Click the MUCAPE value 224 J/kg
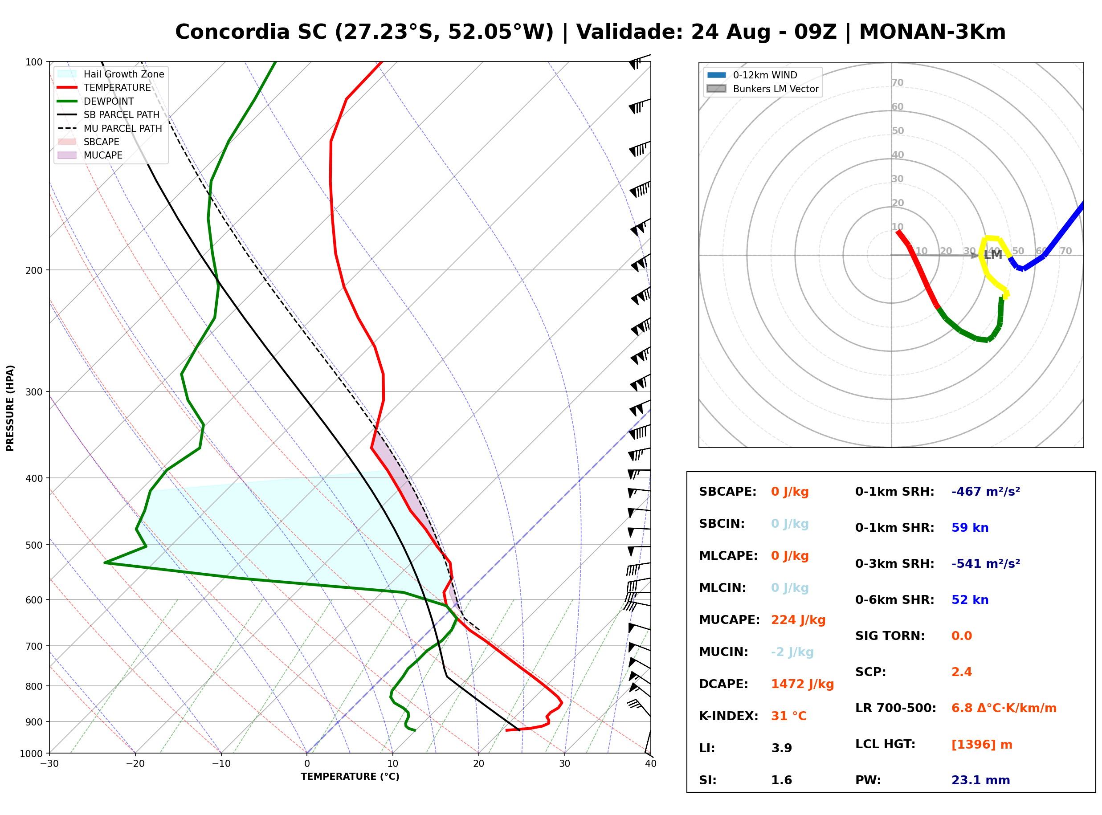click(x=798, y=620)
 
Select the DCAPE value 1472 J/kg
click(x=803, y=684)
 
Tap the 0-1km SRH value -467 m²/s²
click(x=986, y=492)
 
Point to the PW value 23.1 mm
click(x=981, y=780)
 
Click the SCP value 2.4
click(x=961, y=672)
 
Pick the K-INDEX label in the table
click(x=729, y=716)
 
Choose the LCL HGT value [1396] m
click(x=982, y=745)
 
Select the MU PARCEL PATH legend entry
click(x=110, y=128)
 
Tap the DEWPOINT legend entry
click(x=96, y=101)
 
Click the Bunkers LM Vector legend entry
click(x=763, y=89)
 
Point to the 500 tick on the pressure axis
click(x=34, y=545)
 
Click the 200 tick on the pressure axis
click(x=34, y=270)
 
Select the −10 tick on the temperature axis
click(x=220, y=764)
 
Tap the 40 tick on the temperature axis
click(x=651, y=764)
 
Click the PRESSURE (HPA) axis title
click(x=10, y=408)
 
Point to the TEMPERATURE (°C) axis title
click(x=350, y=777)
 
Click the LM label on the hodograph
click(x=992, y=255)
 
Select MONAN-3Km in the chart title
click(x=932, y=32)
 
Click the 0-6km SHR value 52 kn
click(x=970, y=600)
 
